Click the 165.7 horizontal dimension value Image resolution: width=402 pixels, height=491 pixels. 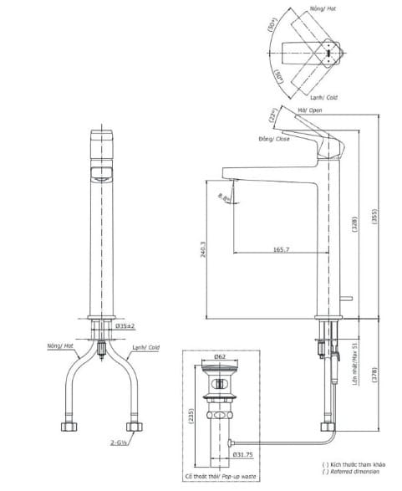281,249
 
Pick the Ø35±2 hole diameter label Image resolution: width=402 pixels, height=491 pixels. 128,325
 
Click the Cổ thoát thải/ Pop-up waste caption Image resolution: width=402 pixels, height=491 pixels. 223,473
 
